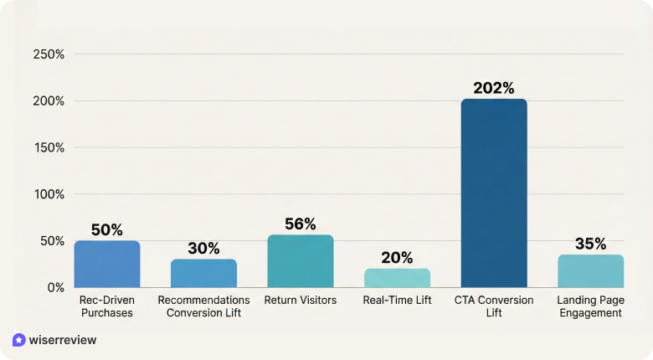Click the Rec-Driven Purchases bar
(107, 264)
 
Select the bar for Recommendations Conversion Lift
(203, 273)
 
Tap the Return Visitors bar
(301, 261)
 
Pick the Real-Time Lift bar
(397, 278)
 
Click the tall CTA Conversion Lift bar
(494, 193)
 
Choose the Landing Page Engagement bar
(590, 271)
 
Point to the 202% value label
(494, 88)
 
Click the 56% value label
(301, 224)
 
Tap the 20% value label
(397, 258)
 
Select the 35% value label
(590, 244)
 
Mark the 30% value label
(203, 248)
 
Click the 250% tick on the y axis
(48, 54)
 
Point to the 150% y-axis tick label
(48, 147)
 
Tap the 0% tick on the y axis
(55, 287)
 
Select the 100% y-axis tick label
(48, 194)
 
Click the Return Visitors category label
(301, 300)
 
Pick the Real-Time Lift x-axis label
(397, 300)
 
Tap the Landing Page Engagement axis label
(590, 306)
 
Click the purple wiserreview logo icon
(19, 340)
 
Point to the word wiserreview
(63, 340)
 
